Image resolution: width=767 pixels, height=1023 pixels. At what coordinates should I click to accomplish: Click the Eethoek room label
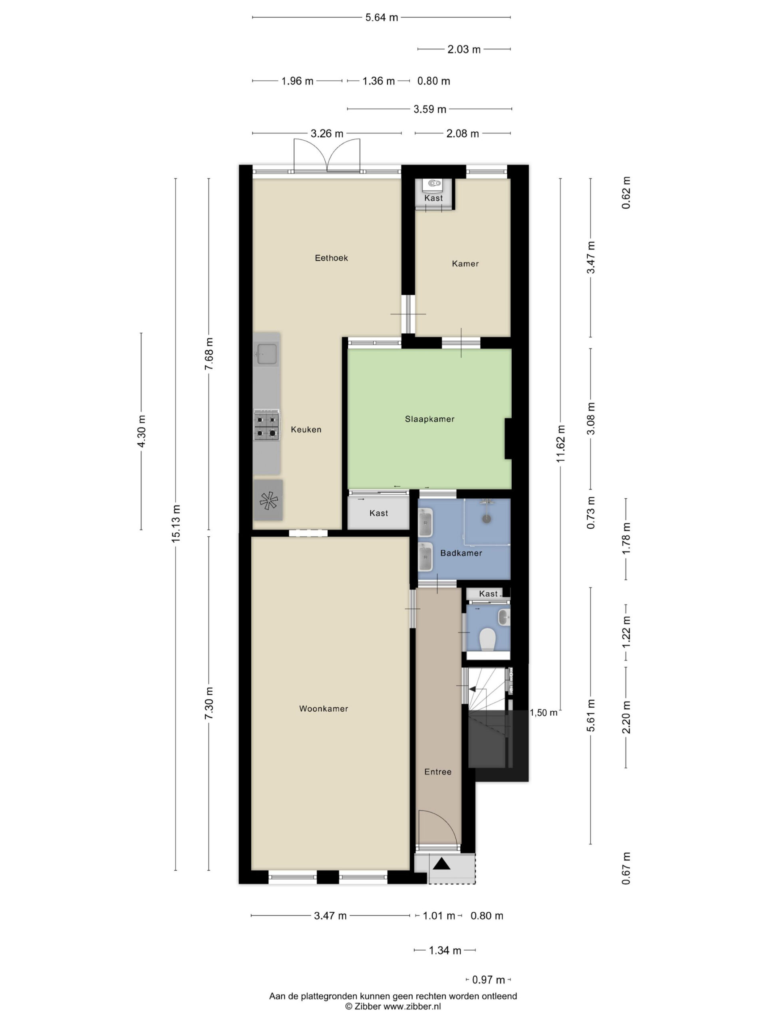coord(331,258)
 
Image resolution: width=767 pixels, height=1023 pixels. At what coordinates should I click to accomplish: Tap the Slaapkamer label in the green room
coord(429,419)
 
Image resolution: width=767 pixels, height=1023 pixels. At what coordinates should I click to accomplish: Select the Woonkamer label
coord(323,709)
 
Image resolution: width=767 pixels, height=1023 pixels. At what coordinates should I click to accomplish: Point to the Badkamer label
coord(461,553)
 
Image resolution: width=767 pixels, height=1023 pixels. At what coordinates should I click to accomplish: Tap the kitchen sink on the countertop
coord(267,354)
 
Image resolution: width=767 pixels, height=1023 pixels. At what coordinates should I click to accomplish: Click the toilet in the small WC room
coord(487,639)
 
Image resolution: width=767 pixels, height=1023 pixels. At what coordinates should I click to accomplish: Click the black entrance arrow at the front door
coord(441,864)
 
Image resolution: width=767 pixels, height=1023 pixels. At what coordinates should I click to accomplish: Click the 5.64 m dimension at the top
coord(382,18)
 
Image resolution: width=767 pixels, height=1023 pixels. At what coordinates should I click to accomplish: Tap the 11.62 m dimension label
coord(561,444)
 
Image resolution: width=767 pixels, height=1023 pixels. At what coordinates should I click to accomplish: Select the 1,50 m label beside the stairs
coord(543,713)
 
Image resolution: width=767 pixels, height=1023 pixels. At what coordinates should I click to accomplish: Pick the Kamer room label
coord(465,264)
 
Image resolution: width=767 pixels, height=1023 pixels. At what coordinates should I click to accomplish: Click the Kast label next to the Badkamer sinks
coord(379,513)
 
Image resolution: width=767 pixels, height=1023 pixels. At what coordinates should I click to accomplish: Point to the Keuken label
coord(306,430)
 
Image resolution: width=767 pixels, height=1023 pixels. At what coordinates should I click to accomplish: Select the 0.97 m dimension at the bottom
coord(488,979)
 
